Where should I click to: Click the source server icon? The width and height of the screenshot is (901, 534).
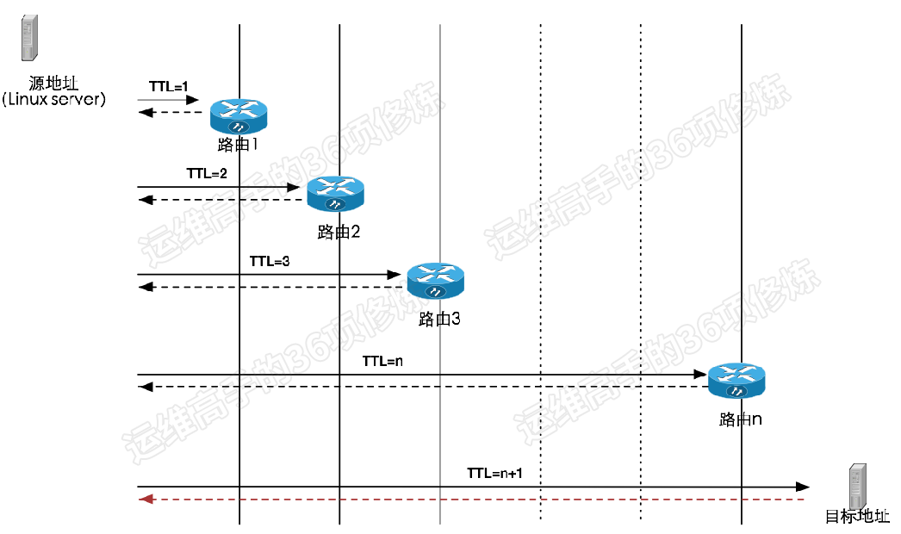[x=29, y=38]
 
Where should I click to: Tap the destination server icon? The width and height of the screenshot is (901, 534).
[x=857, y=487]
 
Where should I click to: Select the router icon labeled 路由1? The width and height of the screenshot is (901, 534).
[x=239, y=116]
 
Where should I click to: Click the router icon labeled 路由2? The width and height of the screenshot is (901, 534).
[x=336, y=194]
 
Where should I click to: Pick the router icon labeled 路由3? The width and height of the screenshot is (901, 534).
[x=436, y=281]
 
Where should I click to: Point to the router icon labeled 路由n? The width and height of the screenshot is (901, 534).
[x=736, y=381]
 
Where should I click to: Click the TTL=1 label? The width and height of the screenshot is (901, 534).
[x=168, y=87]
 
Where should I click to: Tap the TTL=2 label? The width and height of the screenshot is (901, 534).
[x=207, y=174]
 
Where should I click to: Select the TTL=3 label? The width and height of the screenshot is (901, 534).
[x=270, y=262]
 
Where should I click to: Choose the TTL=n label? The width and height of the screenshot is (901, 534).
[x=382, y=362]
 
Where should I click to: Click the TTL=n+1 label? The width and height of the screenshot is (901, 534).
[x=494, y=473]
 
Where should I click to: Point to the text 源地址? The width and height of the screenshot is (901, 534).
[x=53, y=84]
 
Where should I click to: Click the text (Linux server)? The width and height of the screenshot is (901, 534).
[x=54, y=99]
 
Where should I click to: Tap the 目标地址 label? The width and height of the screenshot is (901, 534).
[x=857, y=516]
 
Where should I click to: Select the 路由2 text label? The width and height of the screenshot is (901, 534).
[x=339, y=233]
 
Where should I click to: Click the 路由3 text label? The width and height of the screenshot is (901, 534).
[x=439, y=319]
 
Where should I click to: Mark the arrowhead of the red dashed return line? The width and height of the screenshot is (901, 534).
[x=146, y=499]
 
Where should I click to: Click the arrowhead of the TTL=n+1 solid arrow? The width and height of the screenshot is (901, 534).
[x=802, y=487]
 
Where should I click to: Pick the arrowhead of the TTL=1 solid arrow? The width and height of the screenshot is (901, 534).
[x=192, y=100]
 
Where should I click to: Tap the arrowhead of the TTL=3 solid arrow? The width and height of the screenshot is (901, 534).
[x=395, y=275]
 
